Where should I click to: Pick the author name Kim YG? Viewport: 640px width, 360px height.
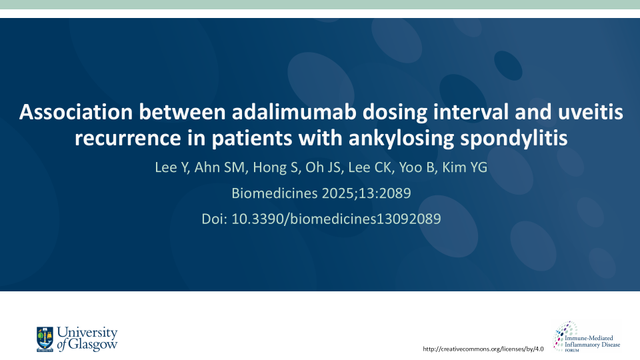click(465, 167)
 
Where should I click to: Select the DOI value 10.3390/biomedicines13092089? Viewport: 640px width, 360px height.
click(336, 219)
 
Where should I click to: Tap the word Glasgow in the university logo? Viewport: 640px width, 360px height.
click(95, 345)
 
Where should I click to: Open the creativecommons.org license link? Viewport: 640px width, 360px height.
click(484, 349)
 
